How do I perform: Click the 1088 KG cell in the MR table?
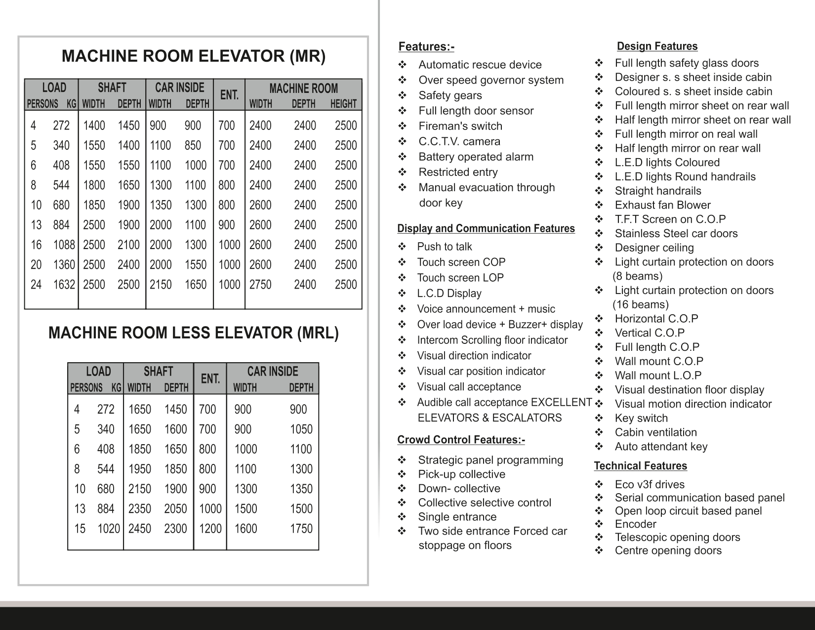(x=64, y=245)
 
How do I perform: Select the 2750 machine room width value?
(x=260, y=285)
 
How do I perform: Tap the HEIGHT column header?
(x=343, y=104)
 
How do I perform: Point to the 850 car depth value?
(x=193, y=145)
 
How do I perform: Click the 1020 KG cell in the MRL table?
(x=108, y=529)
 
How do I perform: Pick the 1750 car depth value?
(x=301, y=529)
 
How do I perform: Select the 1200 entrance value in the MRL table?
(x=210, y=529)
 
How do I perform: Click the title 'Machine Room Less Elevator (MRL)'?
(x=193, y=333)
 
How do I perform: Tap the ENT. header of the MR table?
(x=229, y=94)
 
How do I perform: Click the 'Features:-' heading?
(x=426, y=47)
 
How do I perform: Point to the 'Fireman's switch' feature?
(x=460, y=126)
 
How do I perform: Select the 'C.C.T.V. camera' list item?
(x=459, y=141)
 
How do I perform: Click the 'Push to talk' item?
(x=444, y=247)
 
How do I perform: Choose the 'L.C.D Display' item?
(x=449, y=294)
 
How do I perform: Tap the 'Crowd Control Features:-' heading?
(x=461, y=440)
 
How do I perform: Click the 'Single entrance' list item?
(x=457, y=517)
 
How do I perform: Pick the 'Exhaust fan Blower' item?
(x=662, y=205)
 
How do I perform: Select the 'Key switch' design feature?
(x=641, y=418)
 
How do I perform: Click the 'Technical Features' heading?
(x=640, y=466)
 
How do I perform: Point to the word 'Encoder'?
(x=635, y=524)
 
